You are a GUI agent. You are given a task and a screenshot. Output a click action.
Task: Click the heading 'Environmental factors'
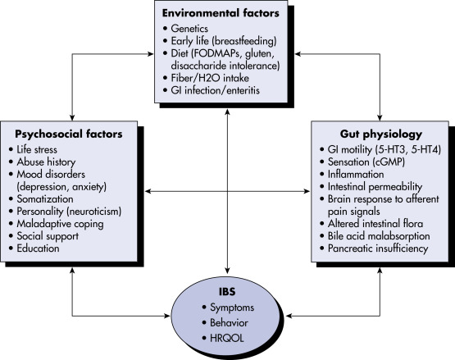[221, 13]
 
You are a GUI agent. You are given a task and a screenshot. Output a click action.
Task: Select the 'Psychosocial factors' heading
[69, 134]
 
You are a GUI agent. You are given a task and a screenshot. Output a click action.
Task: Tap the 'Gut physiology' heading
[381, 134]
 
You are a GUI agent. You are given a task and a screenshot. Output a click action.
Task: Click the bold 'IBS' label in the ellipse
[227, 291]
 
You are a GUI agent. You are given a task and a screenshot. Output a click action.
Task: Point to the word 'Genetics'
[189, 29]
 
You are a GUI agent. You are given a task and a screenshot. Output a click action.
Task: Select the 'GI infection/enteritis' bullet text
[215, 90]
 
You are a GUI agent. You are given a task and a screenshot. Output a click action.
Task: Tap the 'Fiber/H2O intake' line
[210, 78]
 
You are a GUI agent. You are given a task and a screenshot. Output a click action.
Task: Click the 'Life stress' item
[37, 149]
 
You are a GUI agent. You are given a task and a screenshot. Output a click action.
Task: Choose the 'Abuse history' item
[46, 162]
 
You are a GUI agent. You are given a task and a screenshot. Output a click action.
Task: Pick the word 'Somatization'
[45, 199]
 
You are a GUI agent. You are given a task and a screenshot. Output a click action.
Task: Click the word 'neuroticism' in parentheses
[94, 212]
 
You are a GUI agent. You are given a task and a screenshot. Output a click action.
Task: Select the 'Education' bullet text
[38, 248]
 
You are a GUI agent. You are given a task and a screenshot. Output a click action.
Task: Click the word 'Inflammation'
[356, 174]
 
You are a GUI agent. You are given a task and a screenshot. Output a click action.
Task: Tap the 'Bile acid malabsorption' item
[379, 235]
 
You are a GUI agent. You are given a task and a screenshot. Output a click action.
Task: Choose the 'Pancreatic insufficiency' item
[378, 248]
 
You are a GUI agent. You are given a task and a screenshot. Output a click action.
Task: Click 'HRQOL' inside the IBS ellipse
[227, 338]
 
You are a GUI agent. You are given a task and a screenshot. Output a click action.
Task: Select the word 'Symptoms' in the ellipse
[232, 308]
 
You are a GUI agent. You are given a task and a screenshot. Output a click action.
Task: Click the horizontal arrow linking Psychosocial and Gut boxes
[228, 191]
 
